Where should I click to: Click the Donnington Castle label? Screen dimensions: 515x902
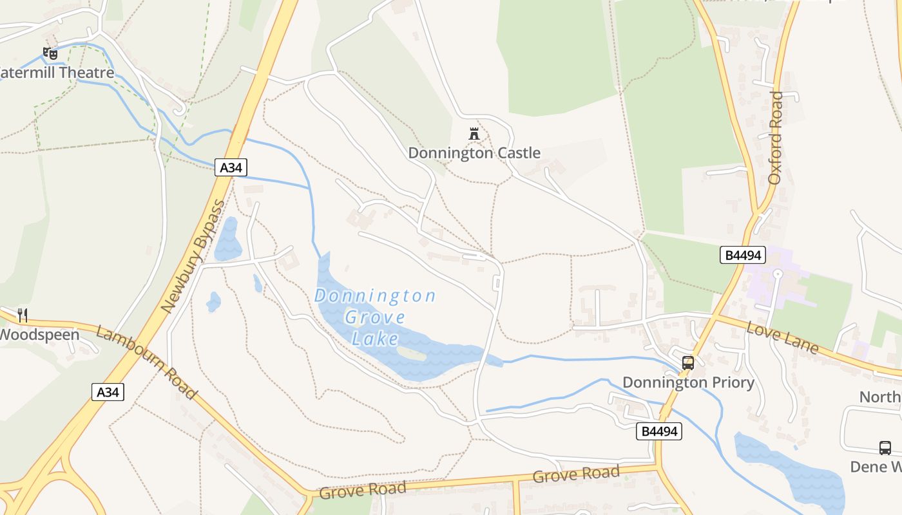point(474,153)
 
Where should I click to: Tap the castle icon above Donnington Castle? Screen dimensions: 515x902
point(474,134)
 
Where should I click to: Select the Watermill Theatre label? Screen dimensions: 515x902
point(57,73)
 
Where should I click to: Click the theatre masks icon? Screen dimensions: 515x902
point(50,53)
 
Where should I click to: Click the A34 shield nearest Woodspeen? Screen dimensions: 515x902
point(108,391)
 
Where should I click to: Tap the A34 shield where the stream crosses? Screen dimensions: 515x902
point(231,168)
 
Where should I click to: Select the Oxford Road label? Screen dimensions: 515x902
point(776,138)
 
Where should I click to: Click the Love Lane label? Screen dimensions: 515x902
point(782,339)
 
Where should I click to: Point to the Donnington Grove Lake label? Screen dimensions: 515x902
point(375,317)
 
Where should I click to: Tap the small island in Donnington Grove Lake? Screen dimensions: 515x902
point(411,353)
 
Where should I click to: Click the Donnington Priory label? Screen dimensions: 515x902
point(688,382)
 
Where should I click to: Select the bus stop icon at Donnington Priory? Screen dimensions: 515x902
point(688,362)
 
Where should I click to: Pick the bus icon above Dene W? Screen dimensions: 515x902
point(885,448)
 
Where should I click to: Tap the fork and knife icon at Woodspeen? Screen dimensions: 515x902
point(23,315)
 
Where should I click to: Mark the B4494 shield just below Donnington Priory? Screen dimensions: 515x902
point(658,431)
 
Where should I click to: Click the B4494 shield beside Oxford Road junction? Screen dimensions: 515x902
point(742,255)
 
